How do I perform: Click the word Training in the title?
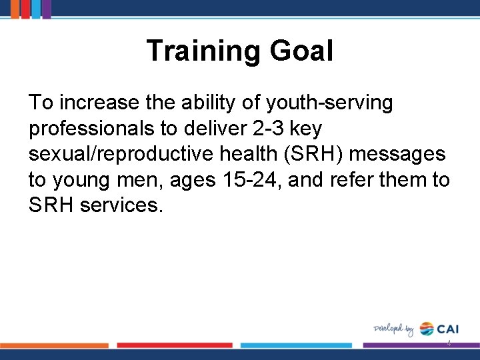point(202,51)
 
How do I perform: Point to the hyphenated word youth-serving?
point(329,103)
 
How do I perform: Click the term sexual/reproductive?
point(127,154)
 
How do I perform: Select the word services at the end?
point(121,205)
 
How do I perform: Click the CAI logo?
point(439,329)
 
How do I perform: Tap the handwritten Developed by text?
point(393,329)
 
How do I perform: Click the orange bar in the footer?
point(53,345)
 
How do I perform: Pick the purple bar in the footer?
point(420,345)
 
